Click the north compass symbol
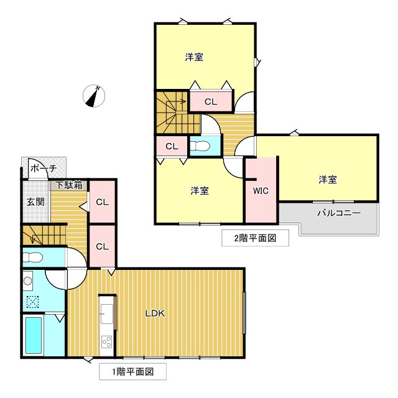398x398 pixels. tap(95, 96)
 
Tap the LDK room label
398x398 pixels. tap(155, 313)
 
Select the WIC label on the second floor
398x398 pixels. tap(261, 191)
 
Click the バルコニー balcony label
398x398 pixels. tap(339, 212)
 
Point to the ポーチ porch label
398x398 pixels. tap(44, 169)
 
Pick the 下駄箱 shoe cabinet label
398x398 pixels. tap(69, 185)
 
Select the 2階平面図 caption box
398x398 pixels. tap(254, 238)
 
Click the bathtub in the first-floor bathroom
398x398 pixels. tap(33, 336)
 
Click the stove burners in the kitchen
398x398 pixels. tap(106, 341)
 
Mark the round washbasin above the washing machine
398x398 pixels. tap(28, 281)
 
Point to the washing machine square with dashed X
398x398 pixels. tap(32, 302)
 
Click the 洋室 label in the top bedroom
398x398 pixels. tap(194, 57)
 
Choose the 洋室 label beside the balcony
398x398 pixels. tap(328, 180)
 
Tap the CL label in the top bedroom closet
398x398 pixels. tap(211, 101)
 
